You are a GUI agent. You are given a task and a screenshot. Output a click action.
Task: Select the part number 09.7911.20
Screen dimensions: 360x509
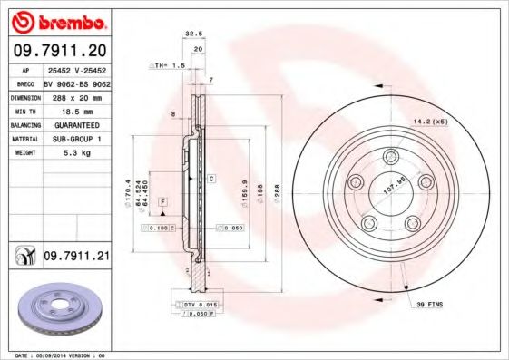click(57, 49)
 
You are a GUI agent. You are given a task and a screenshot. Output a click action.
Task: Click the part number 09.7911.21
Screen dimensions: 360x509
click(76, 257)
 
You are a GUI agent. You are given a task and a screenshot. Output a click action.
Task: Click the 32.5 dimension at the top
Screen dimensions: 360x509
click(192, 34)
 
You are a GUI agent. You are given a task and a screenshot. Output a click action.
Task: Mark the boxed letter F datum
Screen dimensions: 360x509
click(162, 199)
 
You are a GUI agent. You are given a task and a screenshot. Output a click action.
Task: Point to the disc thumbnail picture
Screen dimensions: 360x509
click(57, 313)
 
